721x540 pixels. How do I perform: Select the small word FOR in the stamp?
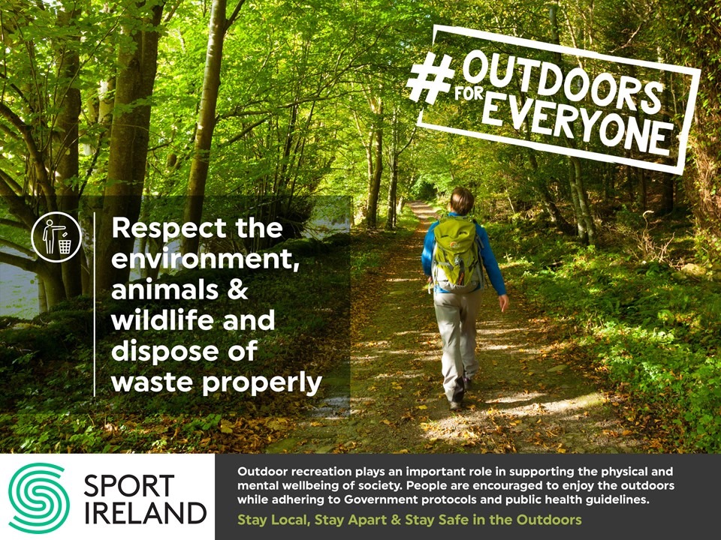click(469, 94)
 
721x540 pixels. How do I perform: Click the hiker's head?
click(462, 201)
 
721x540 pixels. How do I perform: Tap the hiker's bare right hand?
click(504, 302)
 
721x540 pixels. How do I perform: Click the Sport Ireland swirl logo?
click(39, 498)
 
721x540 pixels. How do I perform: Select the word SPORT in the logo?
click(129, 486)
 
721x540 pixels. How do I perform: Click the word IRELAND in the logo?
click(145, 513)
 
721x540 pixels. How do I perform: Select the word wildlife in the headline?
click(162, 319)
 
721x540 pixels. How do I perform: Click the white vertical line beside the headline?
click(95, 304)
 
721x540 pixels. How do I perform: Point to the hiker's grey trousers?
click(457, 344)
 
